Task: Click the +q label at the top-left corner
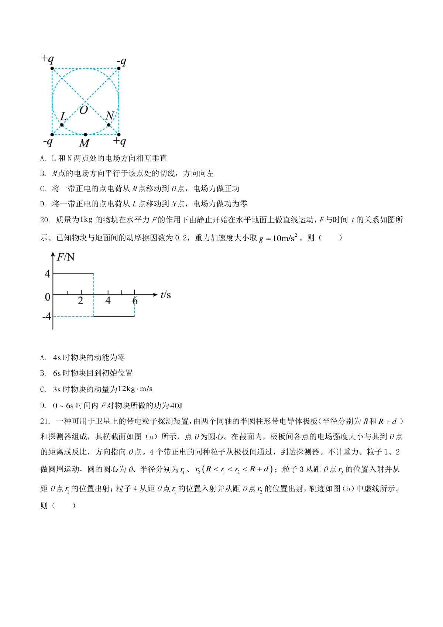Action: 47,59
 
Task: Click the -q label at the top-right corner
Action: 121,61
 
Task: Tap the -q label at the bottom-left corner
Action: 48,142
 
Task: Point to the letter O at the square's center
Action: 84,110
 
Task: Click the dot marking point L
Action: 62,125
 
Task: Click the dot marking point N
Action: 109,125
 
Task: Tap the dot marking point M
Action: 85,134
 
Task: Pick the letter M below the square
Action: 85,143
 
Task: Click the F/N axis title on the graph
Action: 66,257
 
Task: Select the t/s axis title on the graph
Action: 165,295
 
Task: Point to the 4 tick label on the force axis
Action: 48,274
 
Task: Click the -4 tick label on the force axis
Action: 47,316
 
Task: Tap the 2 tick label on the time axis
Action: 80,301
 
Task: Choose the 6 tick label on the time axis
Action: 135,301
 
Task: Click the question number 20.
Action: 45,220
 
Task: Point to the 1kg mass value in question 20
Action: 86,220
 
